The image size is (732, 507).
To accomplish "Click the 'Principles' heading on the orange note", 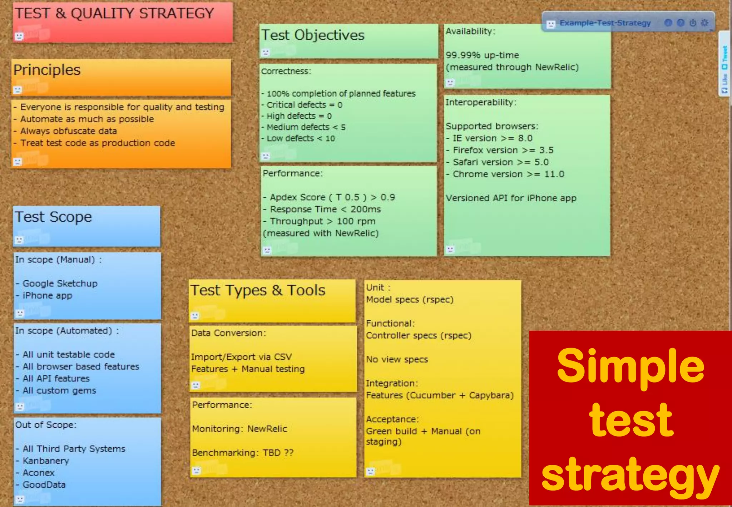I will click(x=47, y=70).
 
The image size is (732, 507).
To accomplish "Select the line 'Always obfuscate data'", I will click(x=68, y=131).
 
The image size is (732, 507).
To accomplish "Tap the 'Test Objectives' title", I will click(x=313, y=35).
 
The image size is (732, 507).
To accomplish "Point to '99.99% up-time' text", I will click(x=482, y=55).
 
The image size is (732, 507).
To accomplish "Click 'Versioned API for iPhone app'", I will click(x=511, y=198).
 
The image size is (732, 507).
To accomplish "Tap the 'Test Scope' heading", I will click(x=53, y=217).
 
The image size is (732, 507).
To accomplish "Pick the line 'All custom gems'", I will click(x=59, y=390).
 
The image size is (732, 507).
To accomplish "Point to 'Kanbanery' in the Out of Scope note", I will click(x=46, y=461).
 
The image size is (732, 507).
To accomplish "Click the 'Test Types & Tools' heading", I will click(x=258, y=290).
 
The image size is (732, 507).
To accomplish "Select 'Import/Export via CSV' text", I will click(x=241, y=357).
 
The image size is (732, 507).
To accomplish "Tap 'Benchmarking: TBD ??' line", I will click(x=242, y=453).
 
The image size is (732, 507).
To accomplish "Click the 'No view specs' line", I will click(x=397, y=359).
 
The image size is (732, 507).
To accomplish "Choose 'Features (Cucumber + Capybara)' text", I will click(x=440, y=395).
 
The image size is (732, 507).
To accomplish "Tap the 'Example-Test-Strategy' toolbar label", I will click(x=605, y=23).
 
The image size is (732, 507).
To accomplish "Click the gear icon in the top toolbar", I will click(x=704, y=23).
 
